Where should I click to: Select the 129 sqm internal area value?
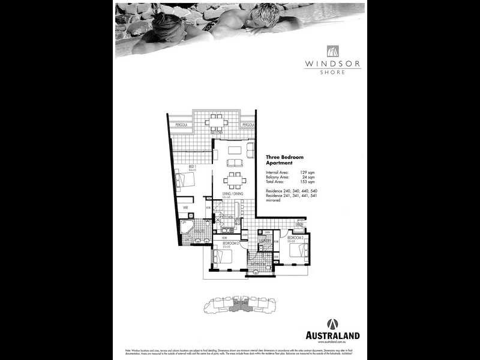(307, 172)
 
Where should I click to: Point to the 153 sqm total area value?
(307, 182)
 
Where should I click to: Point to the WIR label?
(186, 208)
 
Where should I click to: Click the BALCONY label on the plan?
(216, 133)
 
